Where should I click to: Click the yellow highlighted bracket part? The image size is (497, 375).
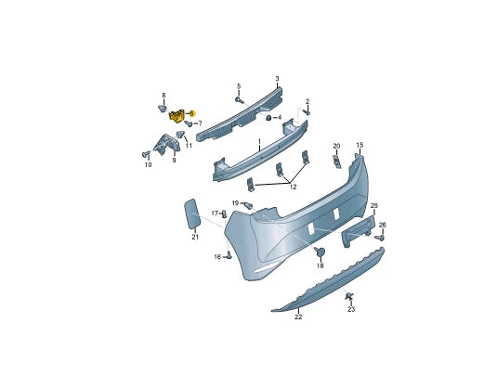[x=177, y=115]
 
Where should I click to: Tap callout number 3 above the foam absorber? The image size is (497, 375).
[x=277, y=79]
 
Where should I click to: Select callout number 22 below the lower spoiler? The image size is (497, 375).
[x=298, y=317]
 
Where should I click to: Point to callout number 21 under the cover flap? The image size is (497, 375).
[x=195, y=238]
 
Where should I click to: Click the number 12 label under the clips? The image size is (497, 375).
[x=293, y=187]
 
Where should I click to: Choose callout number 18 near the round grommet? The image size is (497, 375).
[x=320, y=265]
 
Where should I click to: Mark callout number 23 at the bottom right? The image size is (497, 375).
[x=351, y=309]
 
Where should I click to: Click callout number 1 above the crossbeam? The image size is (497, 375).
[x=259, y=142]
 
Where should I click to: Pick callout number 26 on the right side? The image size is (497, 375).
[x=382, y=225]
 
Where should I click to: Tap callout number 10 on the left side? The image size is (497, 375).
[x=147, y=165]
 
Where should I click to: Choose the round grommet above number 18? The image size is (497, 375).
[x=320, y=252]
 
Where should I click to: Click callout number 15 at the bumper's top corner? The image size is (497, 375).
[x=360, y=145]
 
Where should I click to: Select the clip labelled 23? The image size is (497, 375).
[x=349, y=297]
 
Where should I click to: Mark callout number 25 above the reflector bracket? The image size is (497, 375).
[x=374, y=205]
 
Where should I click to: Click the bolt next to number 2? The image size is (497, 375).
[x=306, y=111]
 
